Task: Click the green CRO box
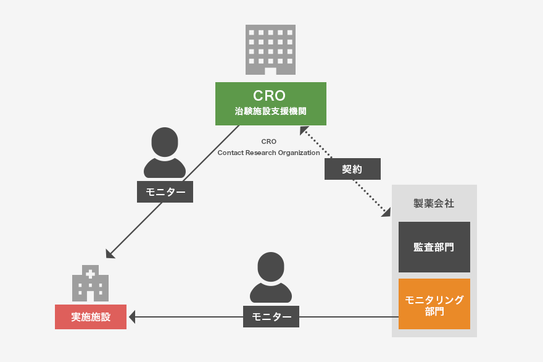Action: [x=270, y=103]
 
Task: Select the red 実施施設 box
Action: [x=91, y=317]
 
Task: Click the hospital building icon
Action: [x=91, y=284]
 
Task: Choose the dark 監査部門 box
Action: [x=434, y=247]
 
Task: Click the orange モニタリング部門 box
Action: [x=434, y=304]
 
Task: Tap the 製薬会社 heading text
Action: [x=434, y=203]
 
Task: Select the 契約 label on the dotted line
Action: [x=352, y=169]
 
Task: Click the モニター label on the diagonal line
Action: [x=165, y=192]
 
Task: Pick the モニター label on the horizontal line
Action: [x=271, y=317]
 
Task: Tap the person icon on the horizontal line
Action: [x=271, y=277]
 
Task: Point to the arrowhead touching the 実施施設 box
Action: [x=132, y=317]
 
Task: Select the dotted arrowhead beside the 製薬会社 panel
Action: [x=387, y=213]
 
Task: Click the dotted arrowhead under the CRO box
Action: [x=304, y=130]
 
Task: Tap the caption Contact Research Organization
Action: [x=268, y=153]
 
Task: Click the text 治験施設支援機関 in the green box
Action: [x=270, y=112]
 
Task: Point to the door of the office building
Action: [x=270, y=71]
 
